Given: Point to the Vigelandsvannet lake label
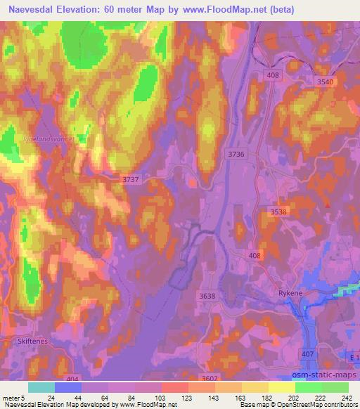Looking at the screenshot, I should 49,139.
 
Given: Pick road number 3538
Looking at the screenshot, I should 280,212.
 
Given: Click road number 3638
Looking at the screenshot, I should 207,296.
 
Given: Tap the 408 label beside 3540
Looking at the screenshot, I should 273,75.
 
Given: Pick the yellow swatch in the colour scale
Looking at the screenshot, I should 281,387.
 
